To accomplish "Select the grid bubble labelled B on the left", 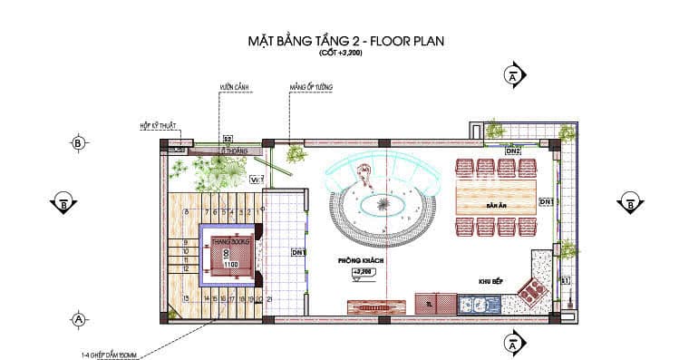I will point(78,143).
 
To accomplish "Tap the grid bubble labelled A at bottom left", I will point(78,319).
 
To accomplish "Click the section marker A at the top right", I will point(514,76).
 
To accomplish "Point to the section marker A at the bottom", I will point(514,342).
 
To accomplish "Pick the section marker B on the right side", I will point(629,202).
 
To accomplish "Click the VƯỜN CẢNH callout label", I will point(233,88).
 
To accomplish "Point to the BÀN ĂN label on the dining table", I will point(495,206).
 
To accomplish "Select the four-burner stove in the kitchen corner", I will point(530,291).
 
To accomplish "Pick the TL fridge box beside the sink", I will point(430,305).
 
